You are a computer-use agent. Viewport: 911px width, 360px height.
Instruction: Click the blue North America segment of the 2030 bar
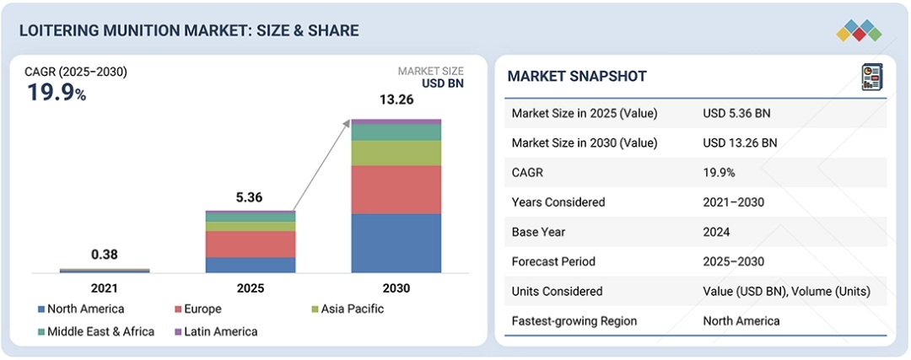click(x=396, y=243)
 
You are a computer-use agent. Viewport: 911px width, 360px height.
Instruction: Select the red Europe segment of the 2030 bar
click(x=396, y=189)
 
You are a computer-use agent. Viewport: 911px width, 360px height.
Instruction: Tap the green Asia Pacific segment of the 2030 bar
click(x=396, y=153)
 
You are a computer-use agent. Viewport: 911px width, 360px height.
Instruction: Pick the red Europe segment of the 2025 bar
click(x=251, y=244)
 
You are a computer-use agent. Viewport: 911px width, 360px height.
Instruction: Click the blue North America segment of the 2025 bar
click(x=251, y=265)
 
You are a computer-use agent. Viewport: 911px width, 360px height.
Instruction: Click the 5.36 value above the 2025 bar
click(x=251, y=197)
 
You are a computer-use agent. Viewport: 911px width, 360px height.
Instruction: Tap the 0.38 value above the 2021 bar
click(x=105, y=255)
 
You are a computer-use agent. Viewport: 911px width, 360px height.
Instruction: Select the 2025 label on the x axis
click(x=251, y=288)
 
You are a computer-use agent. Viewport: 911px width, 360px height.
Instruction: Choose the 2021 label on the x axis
click(x=105, y=288)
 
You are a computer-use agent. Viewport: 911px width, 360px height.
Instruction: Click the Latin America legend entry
click(x=215, y=331)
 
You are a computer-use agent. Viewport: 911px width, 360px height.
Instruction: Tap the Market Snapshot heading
click(x=577, y=77)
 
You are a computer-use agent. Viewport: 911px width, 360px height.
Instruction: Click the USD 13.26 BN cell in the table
click(x=740, y=142)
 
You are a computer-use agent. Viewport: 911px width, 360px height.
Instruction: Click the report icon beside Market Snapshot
click(x=871, y=77)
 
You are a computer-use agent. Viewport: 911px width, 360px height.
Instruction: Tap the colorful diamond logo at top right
click(x=859, y=31)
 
